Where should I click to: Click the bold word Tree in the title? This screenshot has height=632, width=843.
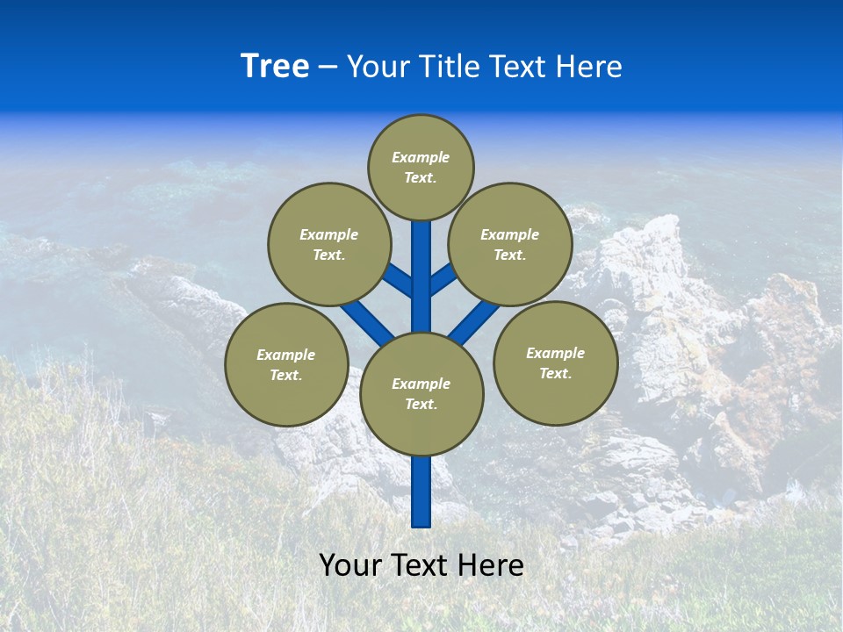pos(275,67)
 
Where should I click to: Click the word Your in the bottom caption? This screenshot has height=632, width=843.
pos(351,565)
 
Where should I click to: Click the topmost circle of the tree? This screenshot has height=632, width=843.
pos(421,167)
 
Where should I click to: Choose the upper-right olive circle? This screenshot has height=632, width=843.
pos(510,244)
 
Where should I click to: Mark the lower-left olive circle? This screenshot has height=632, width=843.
pos(286,364)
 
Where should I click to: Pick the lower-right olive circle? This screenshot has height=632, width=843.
pos(555,363)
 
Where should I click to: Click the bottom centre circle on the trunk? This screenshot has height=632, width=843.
pos(421,394)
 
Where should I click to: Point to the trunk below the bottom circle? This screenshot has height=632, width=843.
pos(421,492)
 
